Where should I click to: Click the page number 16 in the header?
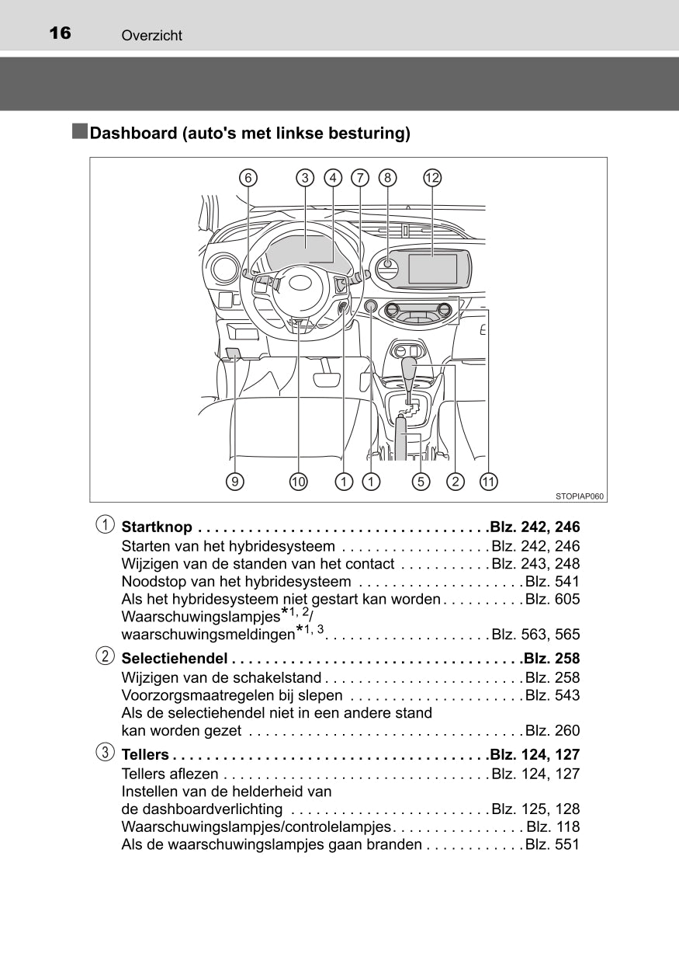click(59, 33)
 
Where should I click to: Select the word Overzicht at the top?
click(151, 36)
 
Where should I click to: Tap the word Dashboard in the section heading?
click(133, 134)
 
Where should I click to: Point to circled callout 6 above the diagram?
click(248, 178)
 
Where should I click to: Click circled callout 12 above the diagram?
click(432, 178)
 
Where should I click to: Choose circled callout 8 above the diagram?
click(387, 178)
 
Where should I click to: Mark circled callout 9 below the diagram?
click(235, 482)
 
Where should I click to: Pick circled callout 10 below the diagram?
click(299, 482)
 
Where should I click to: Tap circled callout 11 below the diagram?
click(487, 482)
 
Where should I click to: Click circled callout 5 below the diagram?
click(421, 482)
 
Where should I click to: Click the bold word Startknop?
click(157, 527)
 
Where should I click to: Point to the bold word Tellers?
click(145, 754)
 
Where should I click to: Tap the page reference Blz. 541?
click(552, 582)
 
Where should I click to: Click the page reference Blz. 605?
click(552, 600)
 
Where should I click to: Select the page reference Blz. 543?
click(552, 695)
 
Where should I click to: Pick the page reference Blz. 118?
click(552, 827)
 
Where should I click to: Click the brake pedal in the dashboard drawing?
click(326, 380)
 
